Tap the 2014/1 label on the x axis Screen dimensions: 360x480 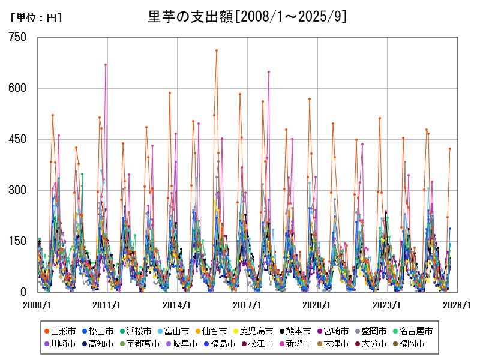point(178,305)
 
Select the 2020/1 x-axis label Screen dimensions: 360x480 point(317,305)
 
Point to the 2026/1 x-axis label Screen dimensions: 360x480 point(457,305)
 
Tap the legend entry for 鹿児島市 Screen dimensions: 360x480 point(251,331)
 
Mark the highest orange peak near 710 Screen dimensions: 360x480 point(217,50)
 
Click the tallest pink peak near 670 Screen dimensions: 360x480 point(106,65)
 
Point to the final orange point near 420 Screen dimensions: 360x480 point(449,149)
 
